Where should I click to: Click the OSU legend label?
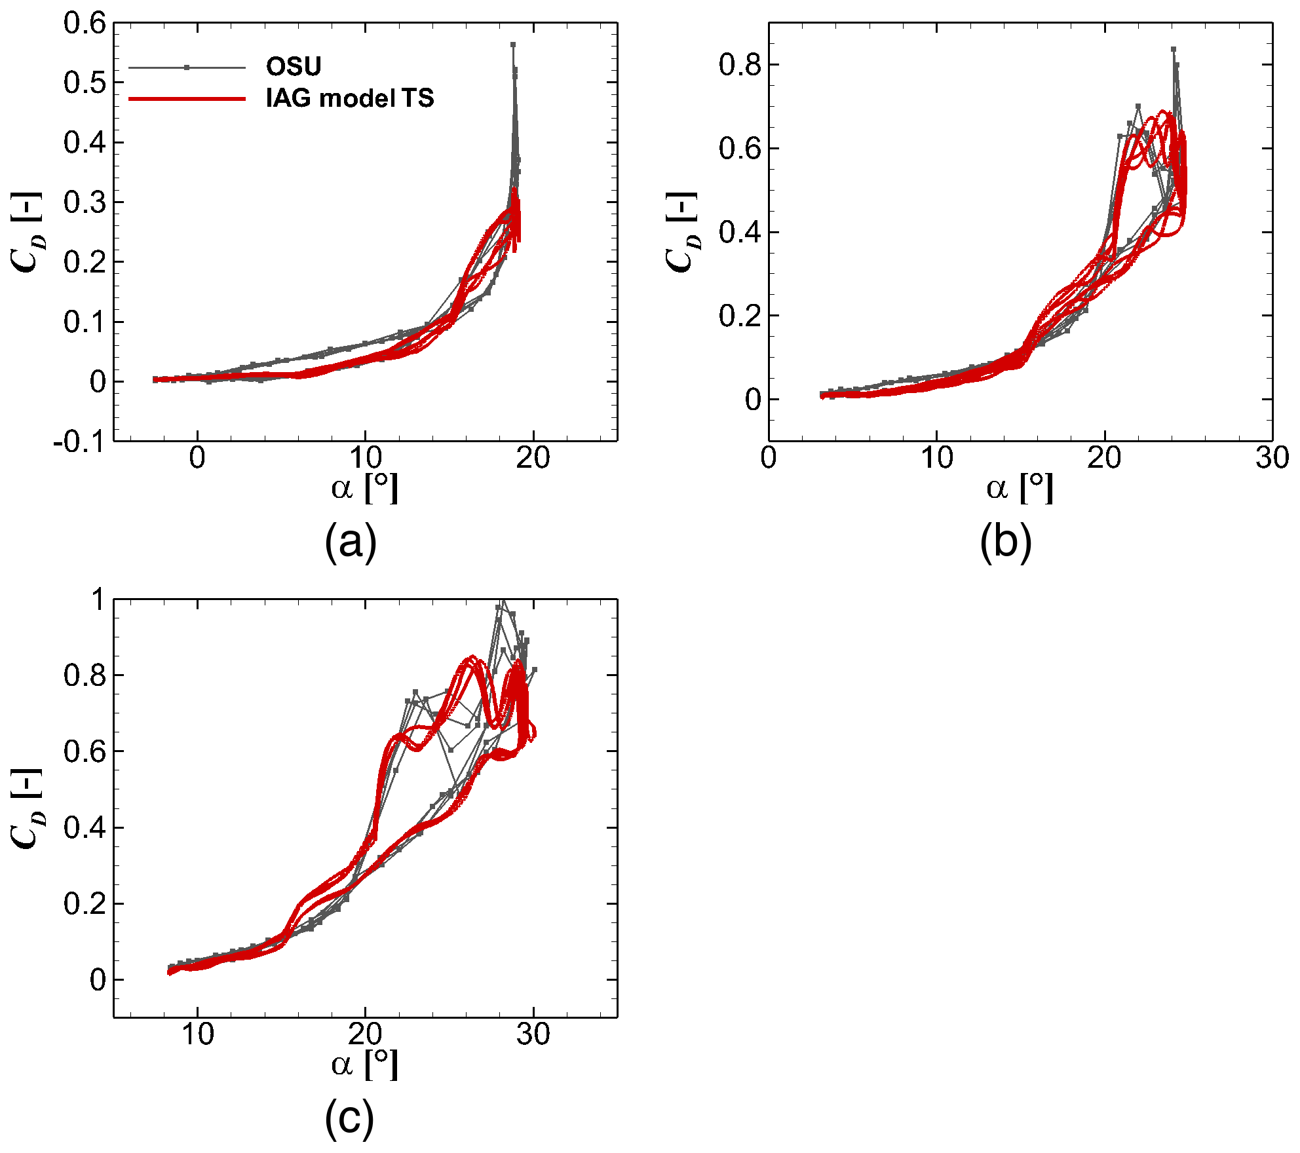[x=294, y=66]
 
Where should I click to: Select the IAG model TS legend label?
[x=350, y=98]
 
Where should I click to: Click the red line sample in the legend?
[x=187, y=99]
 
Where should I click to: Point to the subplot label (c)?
[x=349, y=1119]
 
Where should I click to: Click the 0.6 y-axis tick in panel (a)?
[x=85, y=24]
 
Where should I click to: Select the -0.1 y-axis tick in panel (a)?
[x=79, y=442]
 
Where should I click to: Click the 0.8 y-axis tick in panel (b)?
[x=740, y=65]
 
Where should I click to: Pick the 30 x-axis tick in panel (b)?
[x=1272, y=458]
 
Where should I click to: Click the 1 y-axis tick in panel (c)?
[x=98, y=599]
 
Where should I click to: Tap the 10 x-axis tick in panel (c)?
[x=197, y=1034]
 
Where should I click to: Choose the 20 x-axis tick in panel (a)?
[x=533, y=458]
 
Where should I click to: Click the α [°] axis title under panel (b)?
[x=1020, y=488]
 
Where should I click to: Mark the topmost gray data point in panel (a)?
[x=513, y=45]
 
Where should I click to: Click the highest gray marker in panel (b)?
[x=1174, y=49]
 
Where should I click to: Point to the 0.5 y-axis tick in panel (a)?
[x=85, y=83]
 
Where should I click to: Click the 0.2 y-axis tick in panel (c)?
[x=85, y=904]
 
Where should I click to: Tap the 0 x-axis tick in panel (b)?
[x=769, y=458]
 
